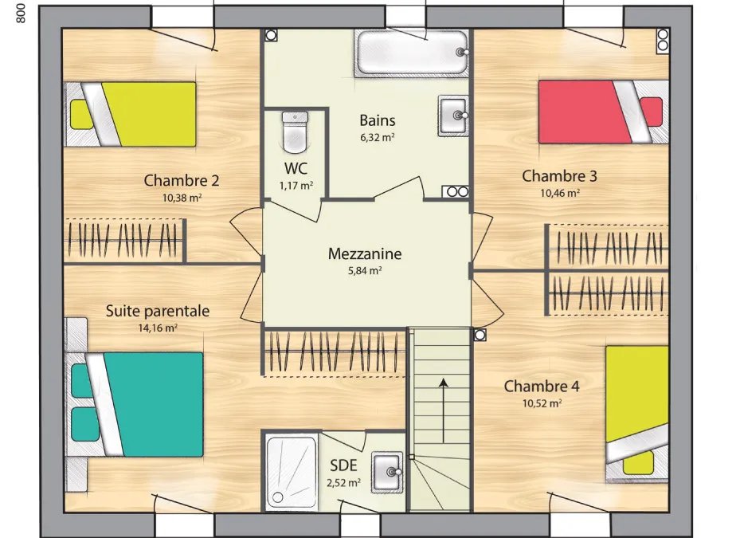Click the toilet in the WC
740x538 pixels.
pos(295,132)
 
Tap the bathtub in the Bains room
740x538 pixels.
pos(413,53)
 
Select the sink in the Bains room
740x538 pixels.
pos(453,116)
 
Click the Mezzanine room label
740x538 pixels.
pos(365,253)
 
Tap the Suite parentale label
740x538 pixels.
pos(158,311)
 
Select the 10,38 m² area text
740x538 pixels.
pos(182,198)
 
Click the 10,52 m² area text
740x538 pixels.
pos(542,403)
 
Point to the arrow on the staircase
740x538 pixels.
pos(443,410)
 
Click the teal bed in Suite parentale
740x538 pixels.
pos(137,404)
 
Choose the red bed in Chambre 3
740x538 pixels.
pos(604,112)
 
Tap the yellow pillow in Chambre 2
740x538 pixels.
pos(81,114)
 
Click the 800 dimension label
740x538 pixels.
pos(20,13)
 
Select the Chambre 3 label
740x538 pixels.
pos(559,176)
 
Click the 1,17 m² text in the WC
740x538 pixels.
pos(296,186)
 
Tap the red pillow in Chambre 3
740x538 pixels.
pos(652,112)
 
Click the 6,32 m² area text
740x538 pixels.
pos(377,137)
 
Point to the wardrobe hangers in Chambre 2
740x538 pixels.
pos(123,239)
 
